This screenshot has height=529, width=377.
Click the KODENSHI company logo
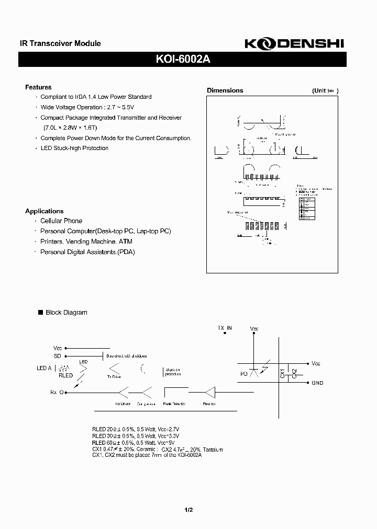(294, 45)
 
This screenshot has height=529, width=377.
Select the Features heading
(39, 87)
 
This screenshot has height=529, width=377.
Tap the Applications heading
(45, 211)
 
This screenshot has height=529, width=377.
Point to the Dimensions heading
(225, 90)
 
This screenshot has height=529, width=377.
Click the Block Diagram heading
(66, 313)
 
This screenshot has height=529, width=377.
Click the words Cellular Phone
(61, 221)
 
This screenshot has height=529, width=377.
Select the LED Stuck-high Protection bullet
(74, 148)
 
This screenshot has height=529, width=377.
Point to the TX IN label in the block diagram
(225, 328)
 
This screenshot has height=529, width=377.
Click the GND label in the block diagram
(317, 383)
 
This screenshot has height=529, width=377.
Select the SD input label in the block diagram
(58, 355)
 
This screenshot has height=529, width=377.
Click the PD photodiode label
(244, 374)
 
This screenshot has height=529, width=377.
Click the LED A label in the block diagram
(44, 368)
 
